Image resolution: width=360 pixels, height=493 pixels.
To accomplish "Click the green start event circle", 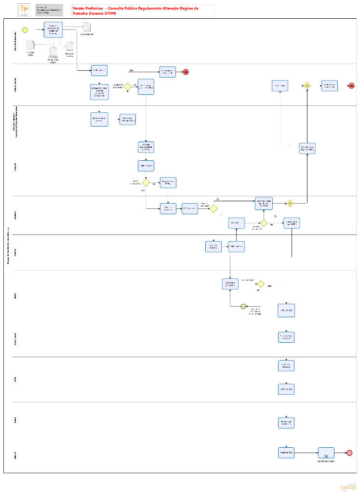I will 25,29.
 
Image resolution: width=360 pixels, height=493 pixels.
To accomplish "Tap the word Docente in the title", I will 93,13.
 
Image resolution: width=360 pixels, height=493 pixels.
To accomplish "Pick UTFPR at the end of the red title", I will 110,13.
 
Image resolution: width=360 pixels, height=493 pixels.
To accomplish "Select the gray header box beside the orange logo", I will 48,10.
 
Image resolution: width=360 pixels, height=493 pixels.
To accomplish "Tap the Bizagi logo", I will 347,487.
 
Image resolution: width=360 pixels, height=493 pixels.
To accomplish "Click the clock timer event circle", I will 244,306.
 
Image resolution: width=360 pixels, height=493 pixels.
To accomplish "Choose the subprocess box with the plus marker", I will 326,453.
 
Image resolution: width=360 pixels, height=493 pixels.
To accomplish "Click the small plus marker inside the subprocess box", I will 326,456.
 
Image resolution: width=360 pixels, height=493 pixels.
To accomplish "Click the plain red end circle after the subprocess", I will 349,453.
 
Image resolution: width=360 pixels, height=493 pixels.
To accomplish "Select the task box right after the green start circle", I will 53,29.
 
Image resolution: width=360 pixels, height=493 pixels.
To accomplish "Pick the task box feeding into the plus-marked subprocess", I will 286,453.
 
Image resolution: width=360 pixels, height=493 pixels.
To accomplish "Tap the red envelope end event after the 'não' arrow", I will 186,72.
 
